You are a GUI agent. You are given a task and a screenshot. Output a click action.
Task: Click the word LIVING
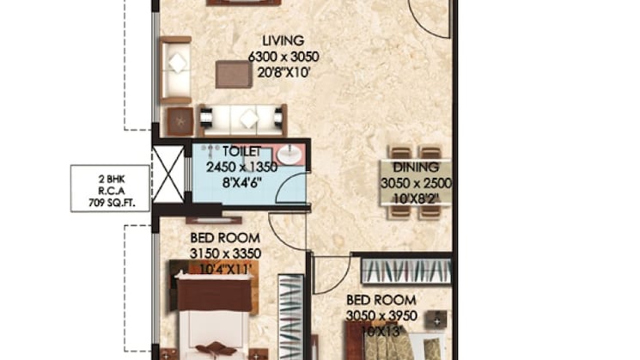tap(283, 40)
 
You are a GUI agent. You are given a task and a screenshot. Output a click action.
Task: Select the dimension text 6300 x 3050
tap(283, 56)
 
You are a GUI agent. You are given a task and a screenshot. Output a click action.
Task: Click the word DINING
tap(416, 168)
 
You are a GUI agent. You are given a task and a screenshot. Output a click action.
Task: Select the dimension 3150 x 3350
tap(225, 253)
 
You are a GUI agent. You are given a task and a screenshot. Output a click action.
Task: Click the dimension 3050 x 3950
tap(381, 315)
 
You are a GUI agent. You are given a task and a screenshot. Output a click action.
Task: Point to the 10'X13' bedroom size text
tap(381, 331)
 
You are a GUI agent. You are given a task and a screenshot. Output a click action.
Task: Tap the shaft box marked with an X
tap(168, 174)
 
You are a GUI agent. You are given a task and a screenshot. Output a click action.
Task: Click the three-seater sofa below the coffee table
tap(243, 118)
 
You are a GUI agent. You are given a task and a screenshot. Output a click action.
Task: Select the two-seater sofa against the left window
tap(176, 69)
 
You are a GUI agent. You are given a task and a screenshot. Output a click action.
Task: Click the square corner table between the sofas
tap(179, 121)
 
